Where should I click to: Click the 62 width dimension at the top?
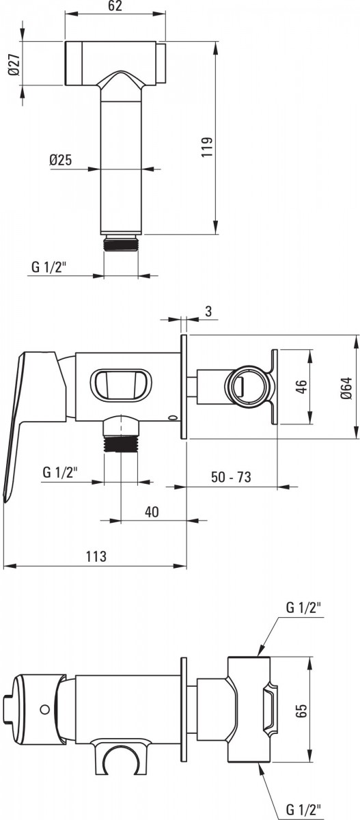(x=115, y=6)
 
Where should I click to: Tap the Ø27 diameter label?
(x=14, y=64)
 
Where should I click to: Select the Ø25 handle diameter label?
(x=60, y=160)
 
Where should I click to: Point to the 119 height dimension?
(x=207, y=147)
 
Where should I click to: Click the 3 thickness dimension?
(x=208, y=311)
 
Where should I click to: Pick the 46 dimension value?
(x=301, y=387)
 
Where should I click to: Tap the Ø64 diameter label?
(x=346, y=387)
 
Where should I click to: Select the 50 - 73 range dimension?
(x=231, y=477)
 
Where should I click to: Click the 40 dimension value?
(x=152, y=511)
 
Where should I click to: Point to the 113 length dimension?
(x=96, y=556)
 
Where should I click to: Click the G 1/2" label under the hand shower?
(x=49, y=267)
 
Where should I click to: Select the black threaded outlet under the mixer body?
(x=121, y=443)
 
